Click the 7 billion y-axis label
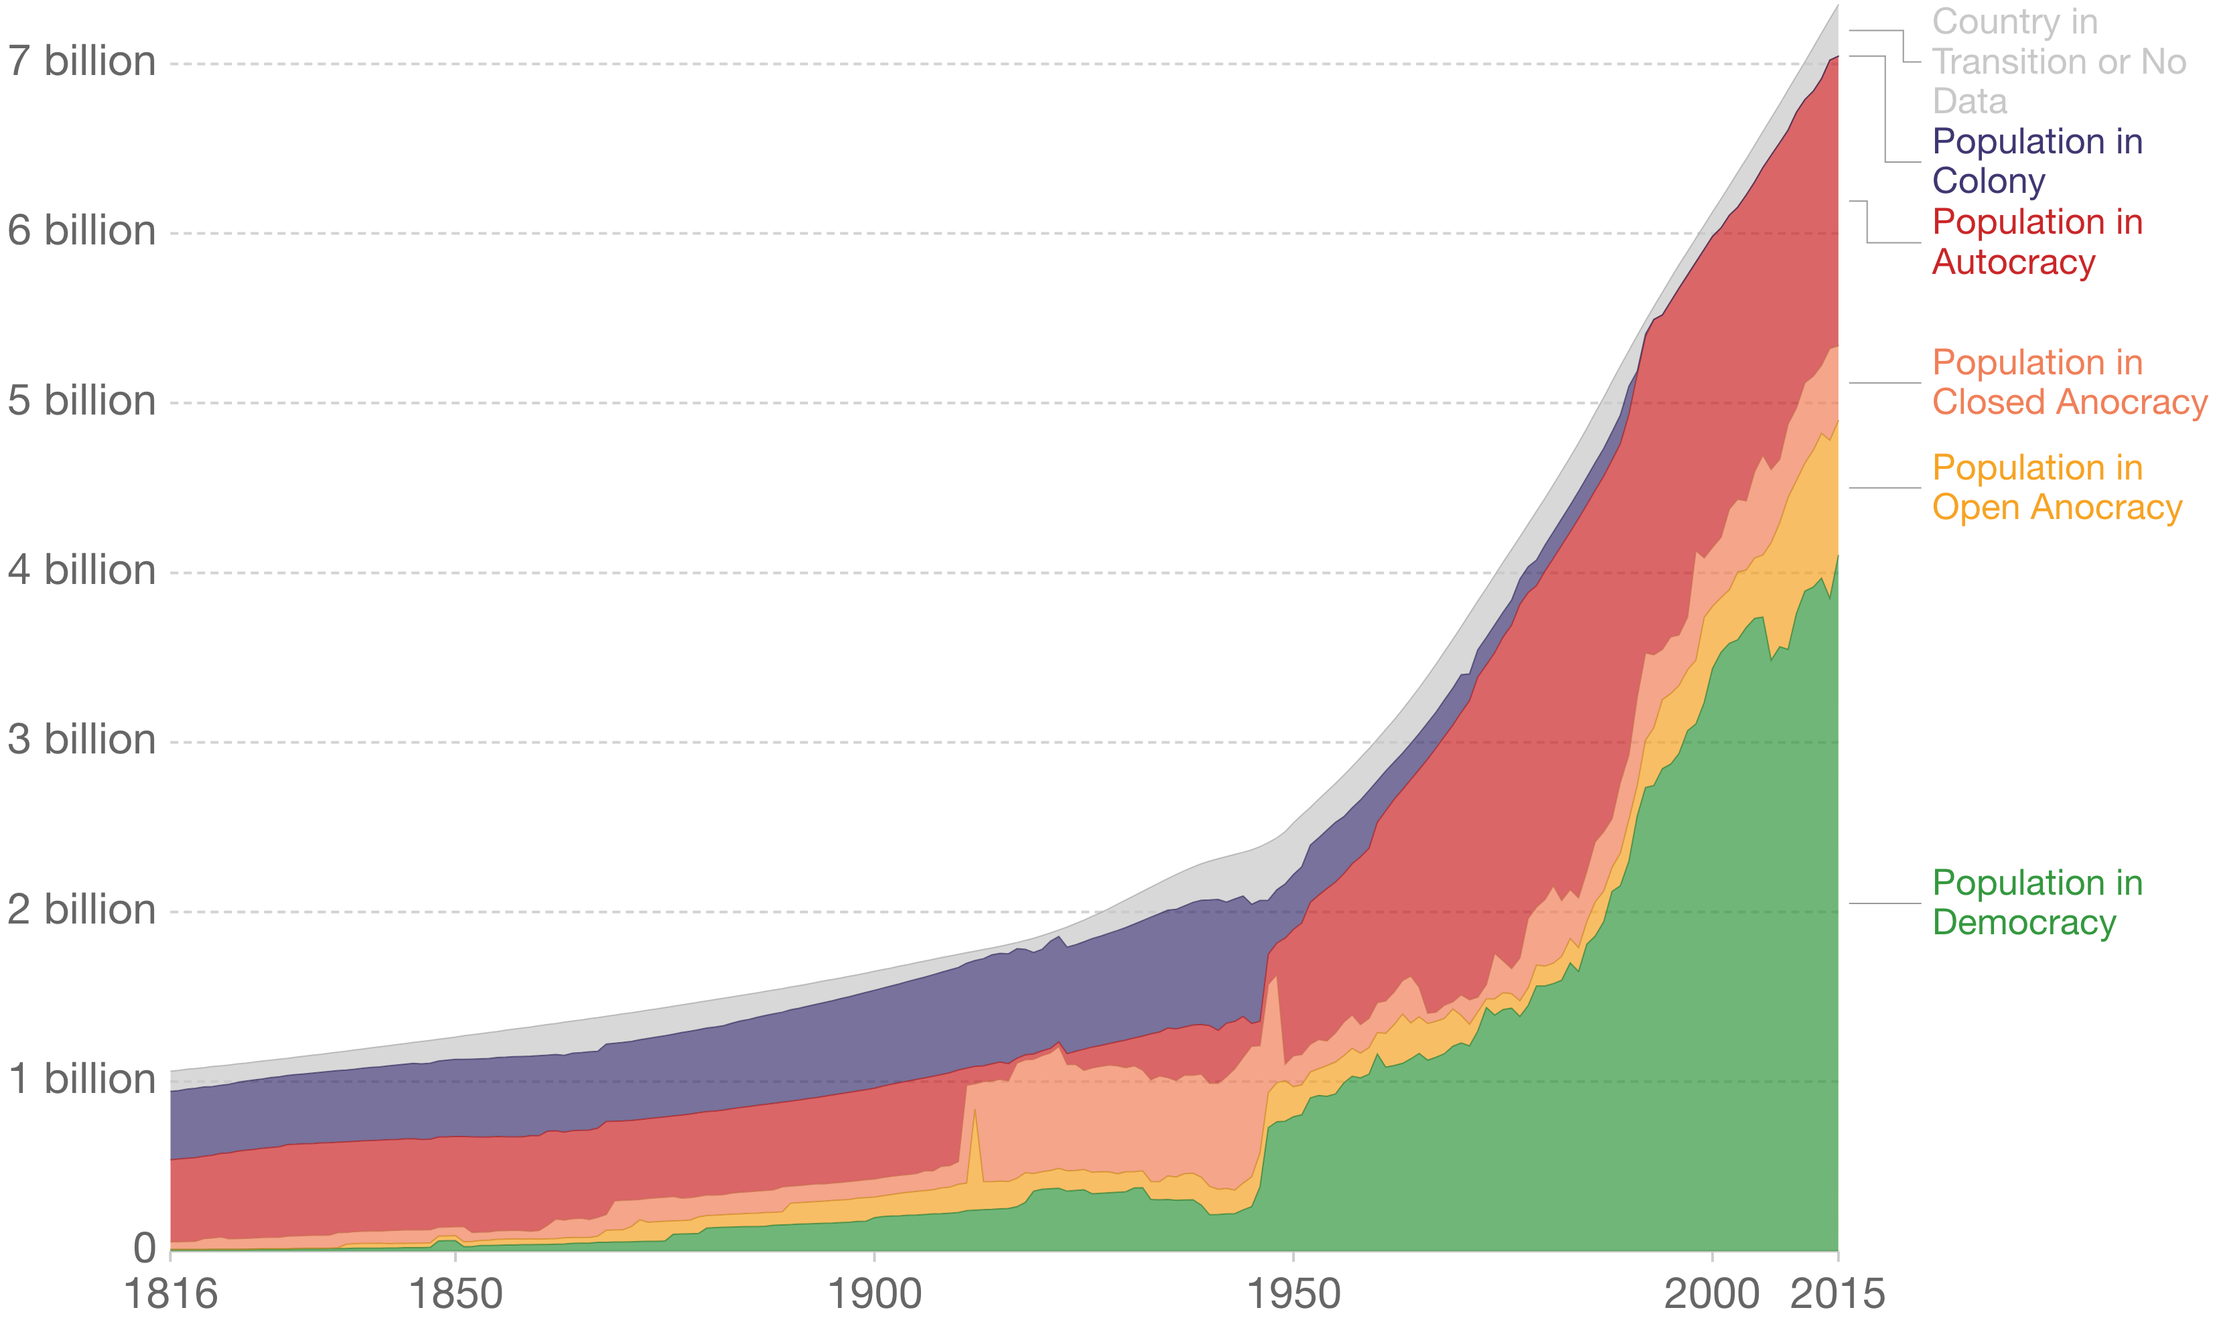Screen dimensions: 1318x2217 point(82,62)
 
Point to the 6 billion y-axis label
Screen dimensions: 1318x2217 point(82,231)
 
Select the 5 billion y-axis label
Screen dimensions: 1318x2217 point(82,400)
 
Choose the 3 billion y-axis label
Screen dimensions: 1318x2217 point(82,740)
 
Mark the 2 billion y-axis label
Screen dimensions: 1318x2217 point(82,909)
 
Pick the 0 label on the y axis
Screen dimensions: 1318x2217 point(145,1249)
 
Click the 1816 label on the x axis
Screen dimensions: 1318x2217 point(171,1293)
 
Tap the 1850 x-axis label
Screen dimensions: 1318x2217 point(455,1293)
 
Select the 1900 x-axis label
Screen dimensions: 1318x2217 point(874,1293)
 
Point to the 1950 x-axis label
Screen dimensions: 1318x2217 point(1293,1293)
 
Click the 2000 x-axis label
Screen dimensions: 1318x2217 point(1711,1293)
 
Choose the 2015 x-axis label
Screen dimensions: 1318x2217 point(1837,1293)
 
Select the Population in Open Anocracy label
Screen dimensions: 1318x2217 point(2056,488)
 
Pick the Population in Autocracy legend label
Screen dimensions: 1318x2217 point(2037,242)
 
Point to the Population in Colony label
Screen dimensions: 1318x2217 point(2037,161)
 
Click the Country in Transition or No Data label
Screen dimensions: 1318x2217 point(2058,62)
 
